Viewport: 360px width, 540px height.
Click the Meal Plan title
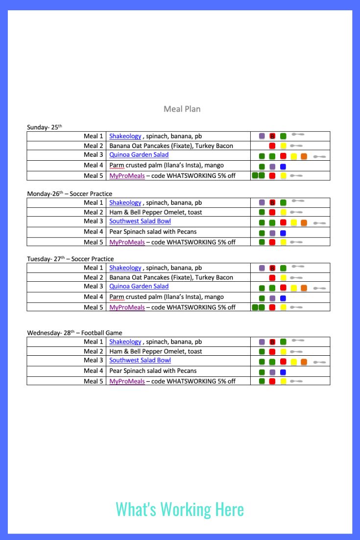(x=182, y=109)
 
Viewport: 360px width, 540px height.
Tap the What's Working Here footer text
(x=180, y=509)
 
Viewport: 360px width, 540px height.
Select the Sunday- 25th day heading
(x=45, y=127)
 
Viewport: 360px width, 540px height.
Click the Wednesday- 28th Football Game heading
(x=74, y=333)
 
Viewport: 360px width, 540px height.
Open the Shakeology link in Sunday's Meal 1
(x=125, y=136)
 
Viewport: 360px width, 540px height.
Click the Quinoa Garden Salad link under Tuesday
(x=139, y=286)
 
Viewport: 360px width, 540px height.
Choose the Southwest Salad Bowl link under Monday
(x=140, y=221)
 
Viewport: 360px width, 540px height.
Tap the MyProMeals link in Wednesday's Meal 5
(x=127, y=381)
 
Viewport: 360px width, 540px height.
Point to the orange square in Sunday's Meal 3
(x=304, y=157)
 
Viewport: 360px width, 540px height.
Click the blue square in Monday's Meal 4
(x=283, y=233)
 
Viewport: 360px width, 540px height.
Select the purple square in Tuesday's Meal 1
(x=262, y=268)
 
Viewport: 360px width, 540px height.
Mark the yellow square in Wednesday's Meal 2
(x=283, y=352)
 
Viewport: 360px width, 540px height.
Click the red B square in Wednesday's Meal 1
(x=272, y=342)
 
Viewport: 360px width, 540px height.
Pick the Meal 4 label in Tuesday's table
(x=93, y=296)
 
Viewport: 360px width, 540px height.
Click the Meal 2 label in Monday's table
(x=93, y=212)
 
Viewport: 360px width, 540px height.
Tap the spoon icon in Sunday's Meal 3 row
(x=319, y=157)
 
